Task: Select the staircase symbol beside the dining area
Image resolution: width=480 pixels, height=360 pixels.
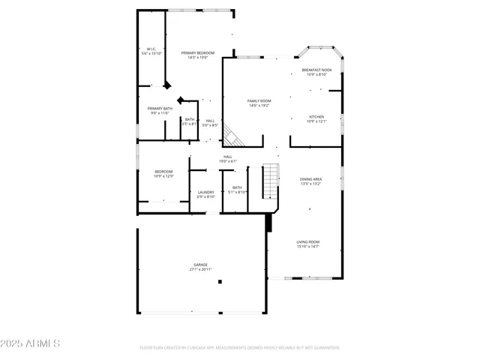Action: point(270,182)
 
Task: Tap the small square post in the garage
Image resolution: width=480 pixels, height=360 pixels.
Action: point(220,282)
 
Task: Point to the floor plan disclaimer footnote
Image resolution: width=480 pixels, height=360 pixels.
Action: point(239,348)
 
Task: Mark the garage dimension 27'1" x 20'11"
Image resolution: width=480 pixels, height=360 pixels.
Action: point(200,270)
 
